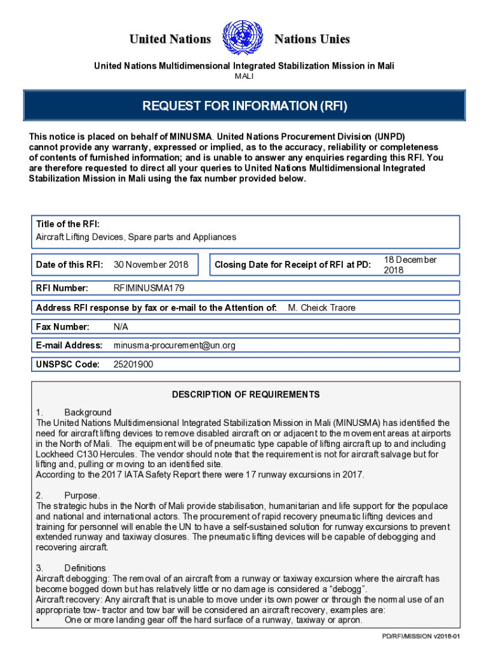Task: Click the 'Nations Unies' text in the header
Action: click(312, 39)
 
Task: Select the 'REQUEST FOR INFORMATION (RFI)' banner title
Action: click(245, 106)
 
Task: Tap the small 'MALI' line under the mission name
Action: click(244, 76)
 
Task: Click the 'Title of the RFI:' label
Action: click(67, 224)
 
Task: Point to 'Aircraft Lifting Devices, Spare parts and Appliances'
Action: click(136, 237)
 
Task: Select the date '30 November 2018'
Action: click(151, 265)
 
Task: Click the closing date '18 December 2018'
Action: click(410, 265)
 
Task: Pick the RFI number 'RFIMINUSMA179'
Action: click(149, 288)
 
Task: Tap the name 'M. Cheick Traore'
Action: click(321, 308)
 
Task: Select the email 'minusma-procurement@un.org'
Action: click(175, 345)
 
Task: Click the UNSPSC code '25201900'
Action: click(133, 364)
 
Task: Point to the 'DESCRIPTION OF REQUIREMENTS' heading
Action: click(246, 394)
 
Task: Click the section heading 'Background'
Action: click(88, 412)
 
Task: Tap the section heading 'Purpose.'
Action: click(82, 495)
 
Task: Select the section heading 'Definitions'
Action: click(85, 568)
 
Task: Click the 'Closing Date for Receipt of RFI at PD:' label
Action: click(293, 265)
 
